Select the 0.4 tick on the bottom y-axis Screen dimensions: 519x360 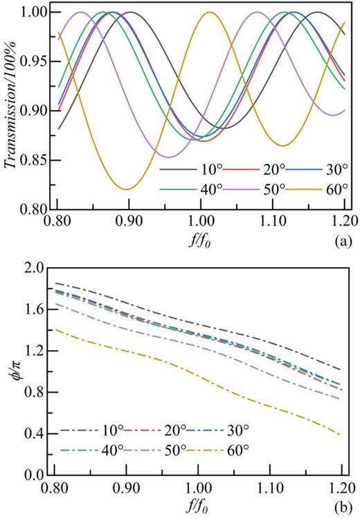(32, 434)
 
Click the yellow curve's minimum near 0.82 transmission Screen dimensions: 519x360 (125, 189)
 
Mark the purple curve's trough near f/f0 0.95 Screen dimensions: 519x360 (167, 157)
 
